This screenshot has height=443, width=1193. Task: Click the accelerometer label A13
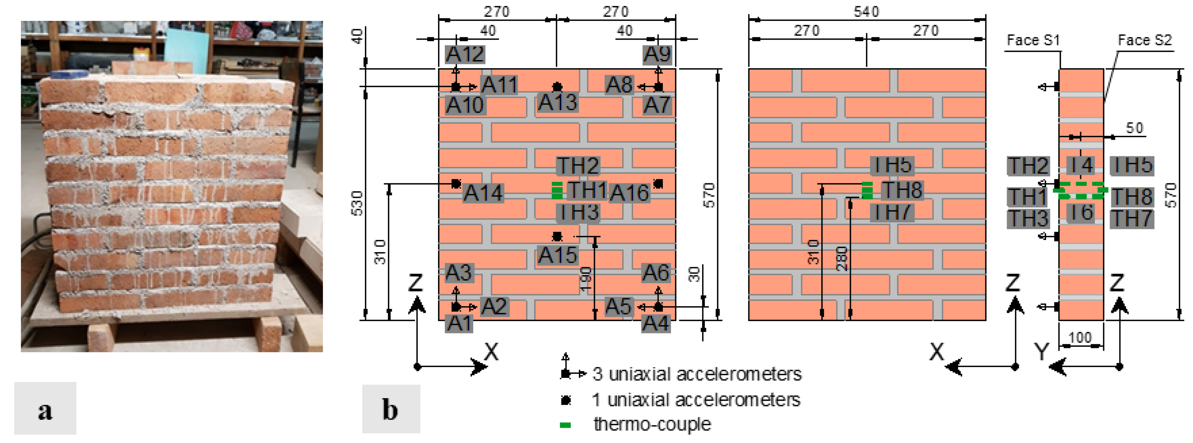(x=557, y=102)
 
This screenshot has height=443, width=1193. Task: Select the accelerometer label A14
(x=483, y=193)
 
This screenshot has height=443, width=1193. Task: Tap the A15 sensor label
(x=557, y=255)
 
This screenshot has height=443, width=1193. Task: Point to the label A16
(x=629, y=193)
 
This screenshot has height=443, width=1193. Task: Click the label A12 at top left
(x=465, y=54)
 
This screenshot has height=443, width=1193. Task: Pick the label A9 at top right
(x=657, y=54)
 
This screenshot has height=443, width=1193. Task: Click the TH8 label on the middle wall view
(x=901, y=190)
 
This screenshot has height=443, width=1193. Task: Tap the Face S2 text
(x=1144, y=40)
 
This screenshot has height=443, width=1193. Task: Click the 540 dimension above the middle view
(x=866, y=11)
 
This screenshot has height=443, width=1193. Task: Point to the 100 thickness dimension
(x=1080, y=337)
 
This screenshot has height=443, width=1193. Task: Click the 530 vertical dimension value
(x=357, y=203)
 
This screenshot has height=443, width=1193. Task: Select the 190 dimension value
(x=585, y=279)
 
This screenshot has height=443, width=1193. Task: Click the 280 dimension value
(x=842, y=259)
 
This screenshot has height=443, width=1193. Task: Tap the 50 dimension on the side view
(x=1134, y=128)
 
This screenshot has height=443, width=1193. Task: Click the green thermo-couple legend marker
(x=565, y=425)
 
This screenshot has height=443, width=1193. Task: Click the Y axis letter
(x=1042, y=352)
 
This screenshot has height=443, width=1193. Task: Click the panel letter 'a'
(x=45, y=409)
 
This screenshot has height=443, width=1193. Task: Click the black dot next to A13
(x=557, y=86)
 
